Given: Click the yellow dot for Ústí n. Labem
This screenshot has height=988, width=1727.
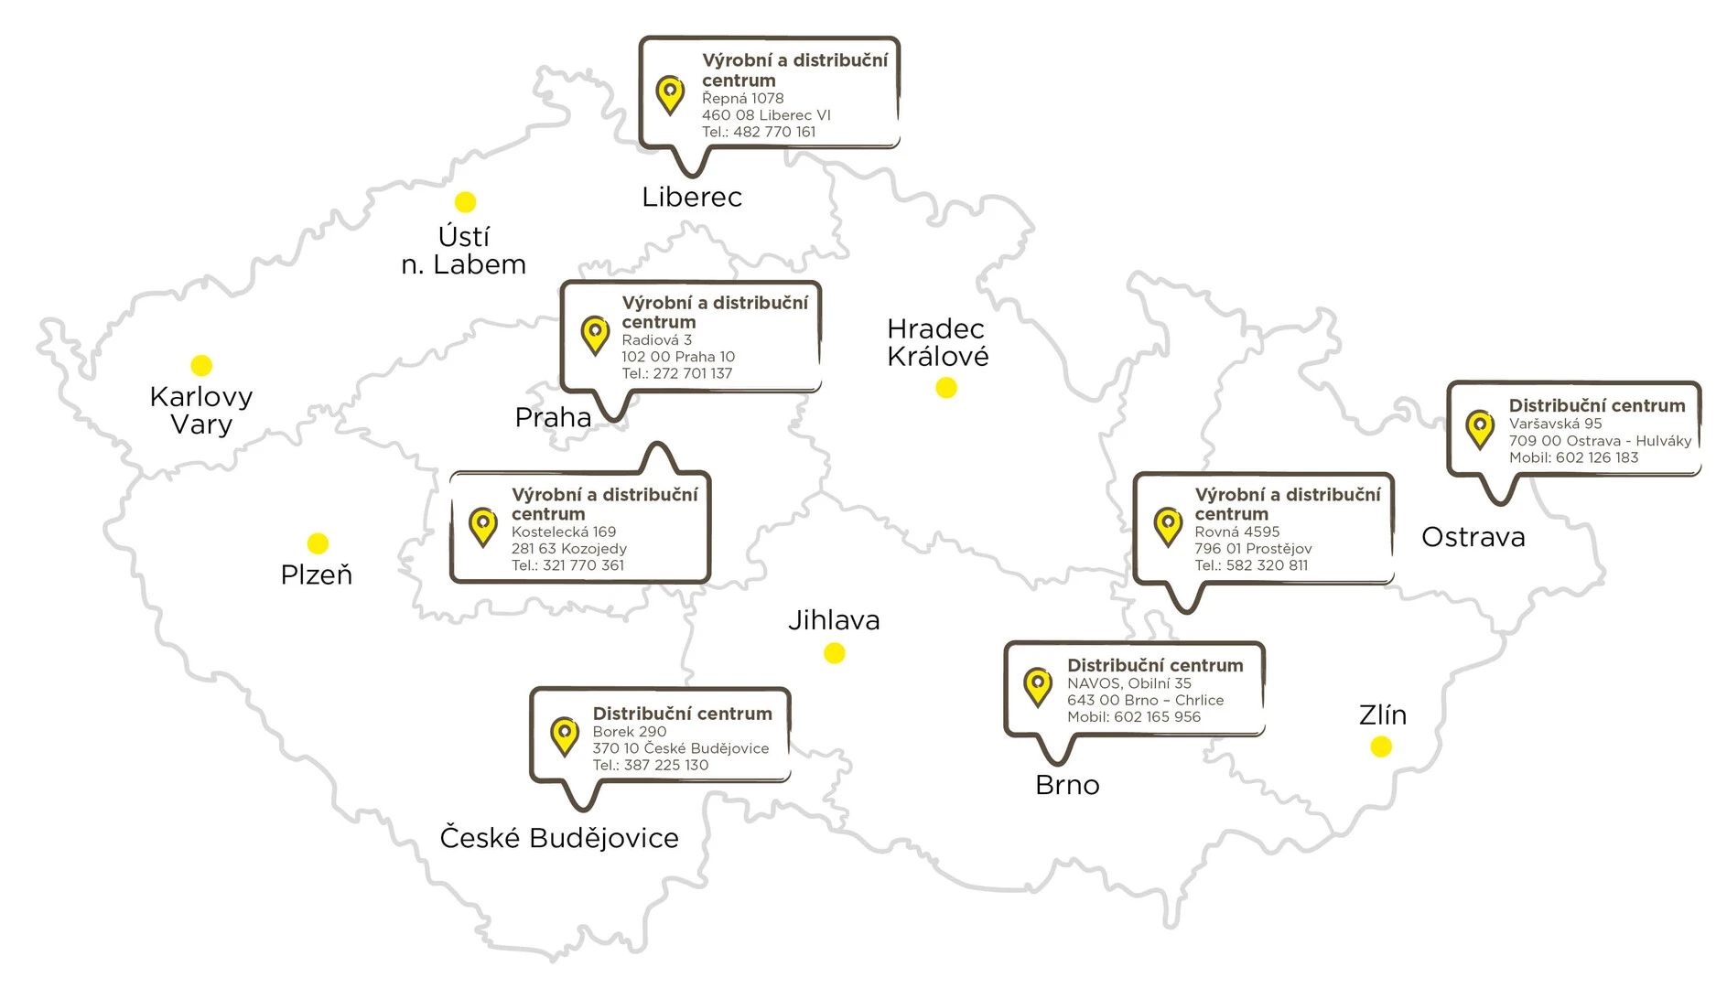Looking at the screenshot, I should [465, 202].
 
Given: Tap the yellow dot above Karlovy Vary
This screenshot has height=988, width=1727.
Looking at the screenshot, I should [201, 366].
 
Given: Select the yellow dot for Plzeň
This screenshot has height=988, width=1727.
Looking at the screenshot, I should [318, 544].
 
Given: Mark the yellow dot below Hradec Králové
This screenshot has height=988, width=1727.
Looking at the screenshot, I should [946, 388].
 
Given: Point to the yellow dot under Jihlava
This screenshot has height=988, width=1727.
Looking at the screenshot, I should [834, 653].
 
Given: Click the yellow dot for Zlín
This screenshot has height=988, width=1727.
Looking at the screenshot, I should [1381, 747].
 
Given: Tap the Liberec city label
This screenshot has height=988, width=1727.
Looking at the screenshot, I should [692, 198].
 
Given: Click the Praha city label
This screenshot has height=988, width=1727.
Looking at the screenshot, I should [553, 418].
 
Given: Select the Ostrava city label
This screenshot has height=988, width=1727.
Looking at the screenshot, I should [1473, 537].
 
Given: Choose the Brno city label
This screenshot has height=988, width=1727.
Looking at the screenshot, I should [1067, 785].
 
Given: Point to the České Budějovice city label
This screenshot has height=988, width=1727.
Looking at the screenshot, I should [559, 838].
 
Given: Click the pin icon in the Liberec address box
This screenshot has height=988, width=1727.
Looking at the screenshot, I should [670, 94].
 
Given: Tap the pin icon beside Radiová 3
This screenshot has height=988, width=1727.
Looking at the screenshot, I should [595, 335].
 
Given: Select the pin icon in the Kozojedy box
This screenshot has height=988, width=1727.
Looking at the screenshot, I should [482, 527].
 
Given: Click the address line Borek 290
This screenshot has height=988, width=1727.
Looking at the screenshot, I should [630, 732].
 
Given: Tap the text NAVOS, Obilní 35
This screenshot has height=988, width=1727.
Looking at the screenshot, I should [1128, 683].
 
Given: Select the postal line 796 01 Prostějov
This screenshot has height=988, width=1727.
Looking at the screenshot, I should [1253, 549].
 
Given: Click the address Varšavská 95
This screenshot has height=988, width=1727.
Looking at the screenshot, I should [1555, 424].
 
